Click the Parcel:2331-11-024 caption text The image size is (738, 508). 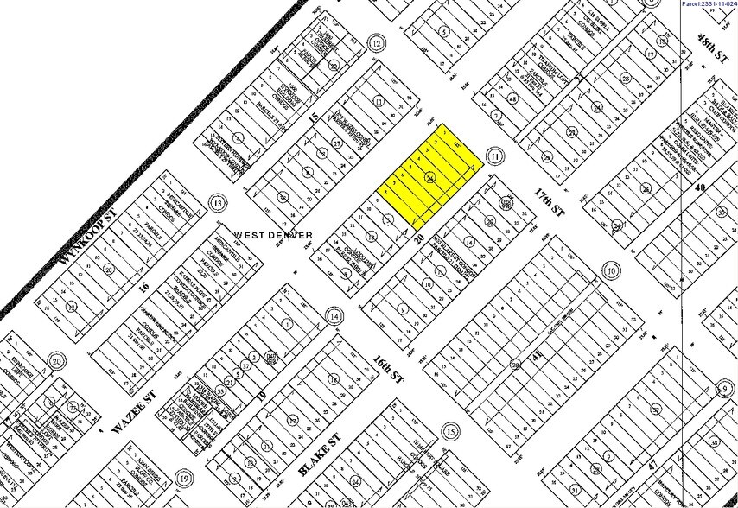708,4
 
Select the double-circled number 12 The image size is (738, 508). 375,44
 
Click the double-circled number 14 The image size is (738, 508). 334,318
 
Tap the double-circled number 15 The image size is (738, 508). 449,431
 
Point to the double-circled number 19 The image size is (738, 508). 183,478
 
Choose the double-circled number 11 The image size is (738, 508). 493,156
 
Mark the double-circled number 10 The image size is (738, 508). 611,271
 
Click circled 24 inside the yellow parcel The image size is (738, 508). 429,177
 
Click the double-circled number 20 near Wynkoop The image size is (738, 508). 57,361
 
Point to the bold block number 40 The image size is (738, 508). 700,187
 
